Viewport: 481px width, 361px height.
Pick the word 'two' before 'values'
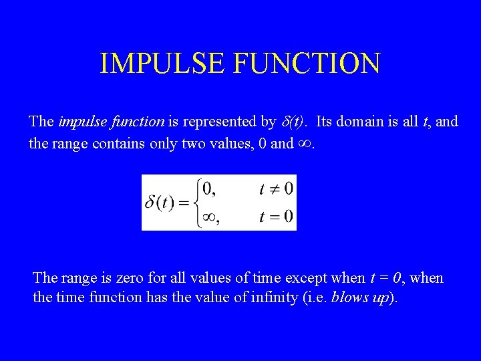tap(190, 142)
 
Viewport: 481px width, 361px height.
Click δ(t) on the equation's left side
tap(160, 203)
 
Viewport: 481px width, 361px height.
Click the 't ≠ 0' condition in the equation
tap(275, 189)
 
